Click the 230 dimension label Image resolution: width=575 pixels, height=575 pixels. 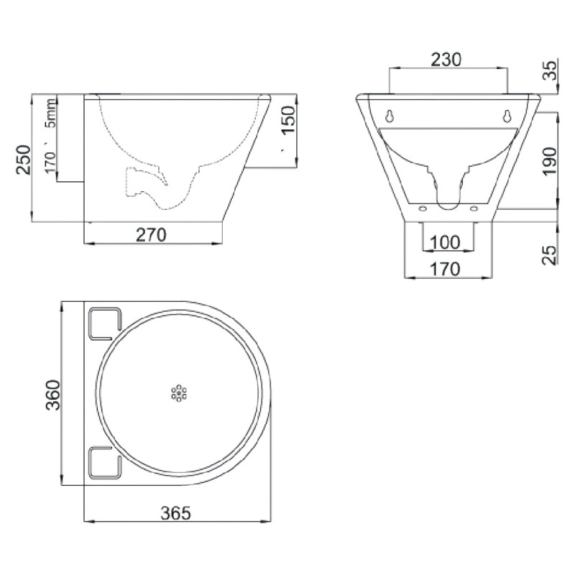pyautogui.click(x=446, y=59)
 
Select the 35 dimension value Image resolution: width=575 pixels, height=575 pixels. pyautogui.click(x=550, y=72)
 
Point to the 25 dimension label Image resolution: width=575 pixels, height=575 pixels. pyautogui.click(x=550, y=254)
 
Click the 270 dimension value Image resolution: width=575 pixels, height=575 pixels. pyautogui.click(x=152, y=234)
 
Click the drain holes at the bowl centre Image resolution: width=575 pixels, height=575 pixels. pyautogui.click(x=178, y=393)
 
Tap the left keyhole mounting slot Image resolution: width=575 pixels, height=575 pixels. pyautogui.click(x=389, y=116)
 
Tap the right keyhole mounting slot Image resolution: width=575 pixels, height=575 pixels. pyautogui.click(x=507, y=116)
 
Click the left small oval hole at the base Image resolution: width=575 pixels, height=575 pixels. pyautogui.click(x=423, y=209)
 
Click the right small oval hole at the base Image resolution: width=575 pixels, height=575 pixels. pyautogui.click(x=474, y=209)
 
